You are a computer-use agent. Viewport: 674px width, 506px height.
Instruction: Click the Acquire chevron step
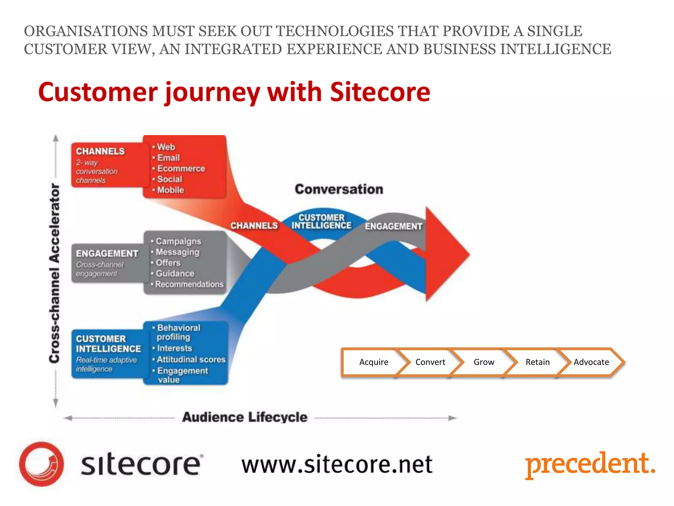(x=374, y=362)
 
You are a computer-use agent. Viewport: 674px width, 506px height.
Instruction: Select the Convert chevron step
(x=430, y=362)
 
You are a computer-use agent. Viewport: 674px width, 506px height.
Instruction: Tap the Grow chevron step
(x=483, y=362)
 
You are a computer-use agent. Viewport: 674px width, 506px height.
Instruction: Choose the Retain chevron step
(x=537, y=362)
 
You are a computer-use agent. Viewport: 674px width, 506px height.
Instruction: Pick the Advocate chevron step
(x=591, y=362)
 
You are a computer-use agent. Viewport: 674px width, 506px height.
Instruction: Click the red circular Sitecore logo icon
(x=41, y=464)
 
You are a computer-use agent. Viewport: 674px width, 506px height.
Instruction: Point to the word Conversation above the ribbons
(x=339, y=189)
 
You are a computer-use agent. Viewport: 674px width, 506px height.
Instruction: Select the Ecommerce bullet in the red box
(x=181, y=169)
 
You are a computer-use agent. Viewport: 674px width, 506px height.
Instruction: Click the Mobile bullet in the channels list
(x=170, y=190)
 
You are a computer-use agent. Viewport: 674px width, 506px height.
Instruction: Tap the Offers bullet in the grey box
(x=168, y=263)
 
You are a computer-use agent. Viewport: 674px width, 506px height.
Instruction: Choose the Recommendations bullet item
(x=189, y=284)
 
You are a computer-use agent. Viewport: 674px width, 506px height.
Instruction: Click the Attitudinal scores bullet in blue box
(x=191, y=359)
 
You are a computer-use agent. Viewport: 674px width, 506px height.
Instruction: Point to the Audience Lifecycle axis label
(x=245, y=417)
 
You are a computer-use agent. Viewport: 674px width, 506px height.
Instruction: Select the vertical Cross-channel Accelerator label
(x=55, y=273)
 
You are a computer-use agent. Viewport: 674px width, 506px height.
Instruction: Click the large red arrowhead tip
(x=461, y=254)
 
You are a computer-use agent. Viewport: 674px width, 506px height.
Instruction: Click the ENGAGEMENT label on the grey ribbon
(x=393, y=226)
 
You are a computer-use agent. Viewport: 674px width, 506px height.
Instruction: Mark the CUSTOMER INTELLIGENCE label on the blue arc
(x=321, y=222)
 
